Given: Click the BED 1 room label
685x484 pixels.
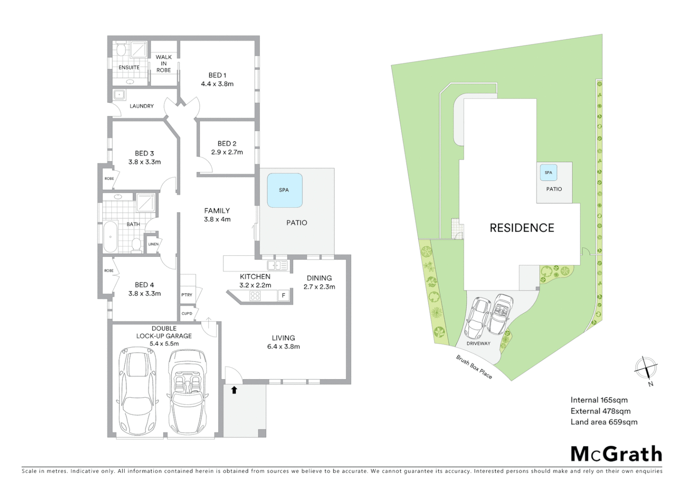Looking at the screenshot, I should point(217,75).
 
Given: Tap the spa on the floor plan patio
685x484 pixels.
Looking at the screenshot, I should point(284,190).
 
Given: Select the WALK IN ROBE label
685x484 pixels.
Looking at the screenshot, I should point(164,64).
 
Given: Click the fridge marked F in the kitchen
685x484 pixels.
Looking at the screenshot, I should point(283,295).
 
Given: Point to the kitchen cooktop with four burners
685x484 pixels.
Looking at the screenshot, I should point(255,295).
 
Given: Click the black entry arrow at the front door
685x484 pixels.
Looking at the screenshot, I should point(234,390).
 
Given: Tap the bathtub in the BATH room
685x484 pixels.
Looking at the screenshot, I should point(110,237).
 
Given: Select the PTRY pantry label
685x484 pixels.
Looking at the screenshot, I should point(187,295).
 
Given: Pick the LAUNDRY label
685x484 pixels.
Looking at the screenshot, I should point(142,106).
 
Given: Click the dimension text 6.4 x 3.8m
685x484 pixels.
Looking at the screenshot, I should point(283,346).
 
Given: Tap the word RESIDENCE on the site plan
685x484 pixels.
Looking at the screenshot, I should point(522,228).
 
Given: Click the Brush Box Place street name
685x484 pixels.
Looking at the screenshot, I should point(474,367).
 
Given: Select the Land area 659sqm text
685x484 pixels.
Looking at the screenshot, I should point(603,422).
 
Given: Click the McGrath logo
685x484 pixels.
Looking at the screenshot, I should point(616,454).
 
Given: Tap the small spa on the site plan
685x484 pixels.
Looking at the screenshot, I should point(548,173).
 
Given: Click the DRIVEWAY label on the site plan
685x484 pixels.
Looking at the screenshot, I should point(478,344).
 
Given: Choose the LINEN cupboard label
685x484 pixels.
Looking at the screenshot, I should point(153,244).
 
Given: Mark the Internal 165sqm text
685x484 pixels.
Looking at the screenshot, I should point(599,400).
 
